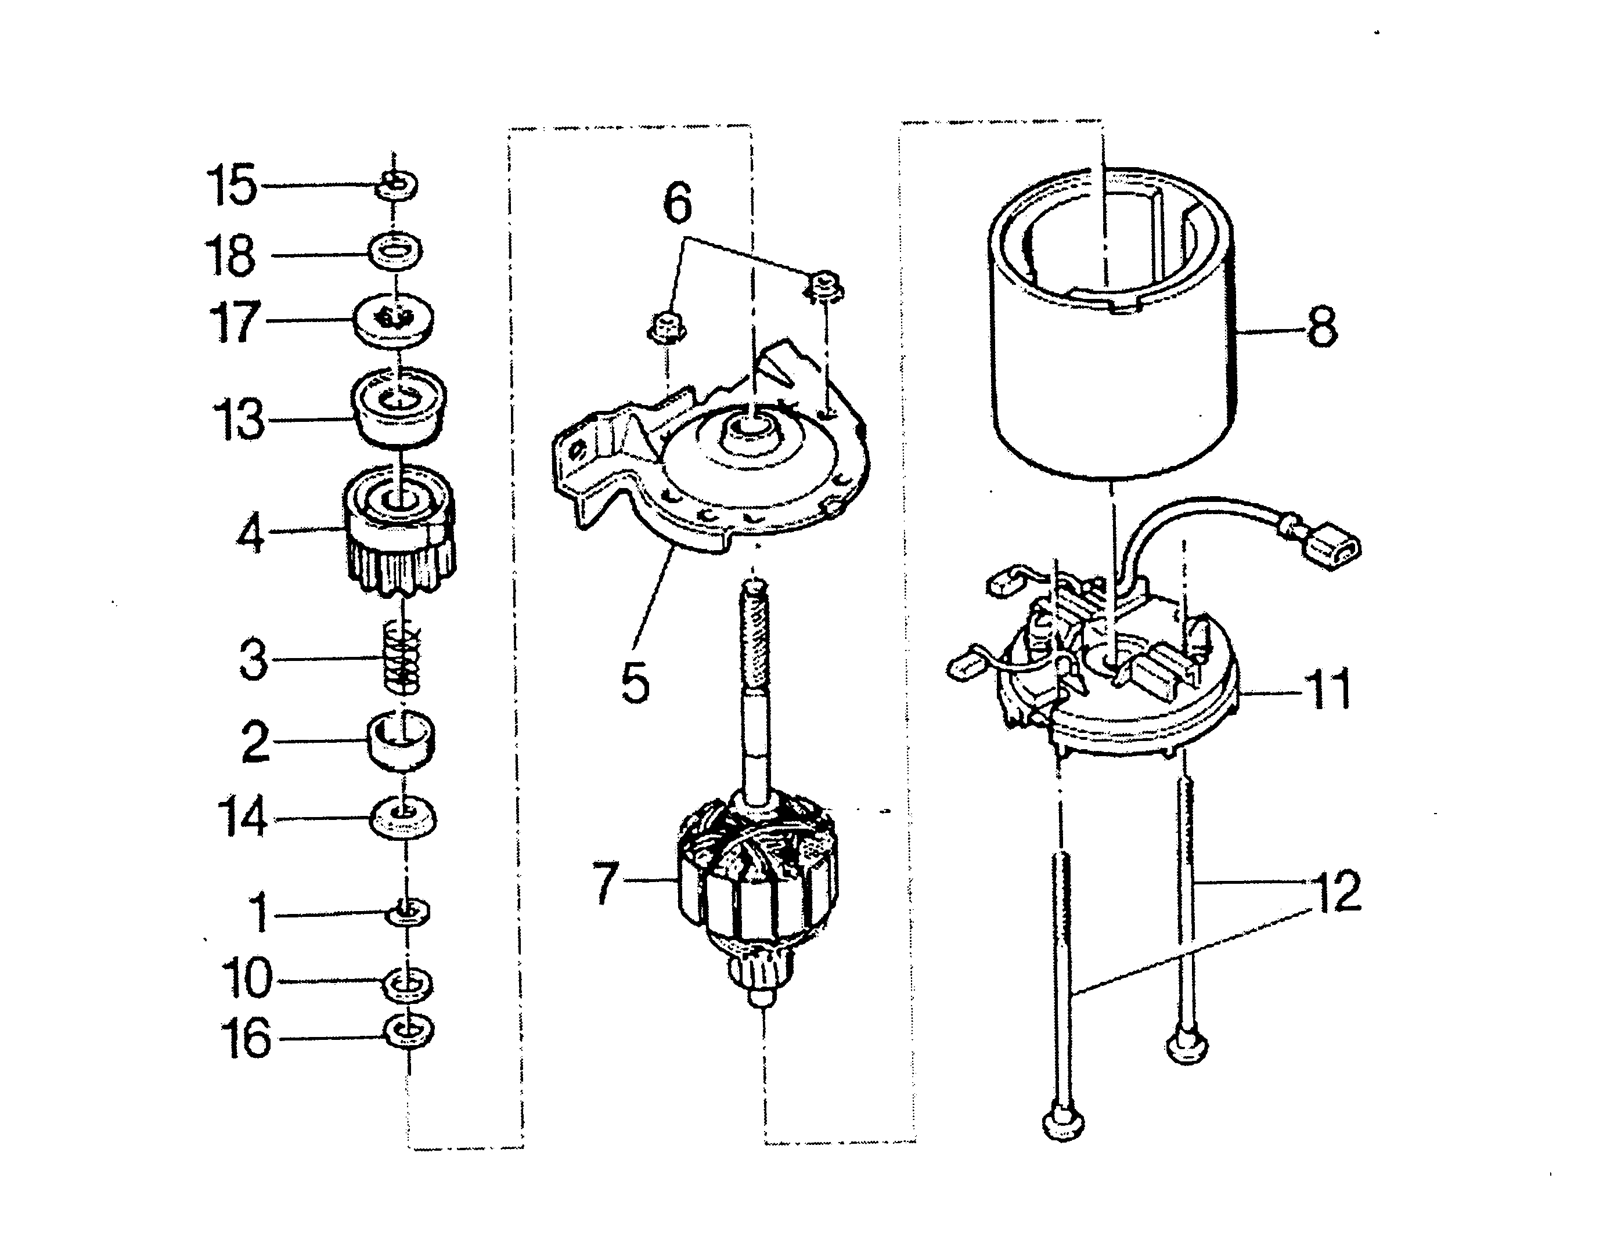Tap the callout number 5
[x=634, y=682]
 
